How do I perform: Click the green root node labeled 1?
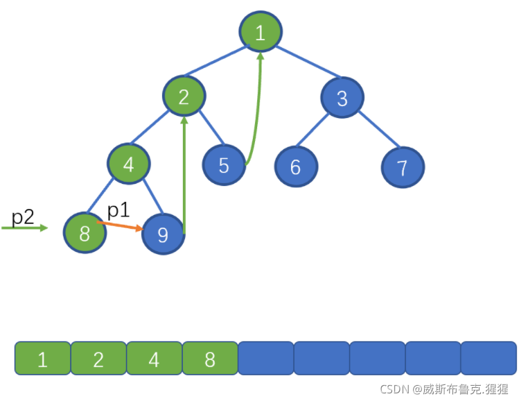(261, 32)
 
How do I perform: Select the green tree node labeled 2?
(184, 96)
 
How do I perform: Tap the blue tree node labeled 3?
(342, 97)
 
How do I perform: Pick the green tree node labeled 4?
(129, 163)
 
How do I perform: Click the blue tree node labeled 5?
(224, 164)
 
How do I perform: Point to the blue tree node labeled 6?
(296, 167)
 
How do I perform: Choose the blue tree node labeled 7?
(403, 167)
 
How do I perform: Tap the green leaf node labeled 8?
(85, 232)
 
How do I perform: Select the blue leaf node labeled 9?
(163, 234)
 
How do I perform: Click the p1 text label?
(118, 210)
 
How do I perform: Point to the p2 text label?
(23, 217)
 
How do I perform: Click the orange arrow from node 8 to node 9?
(120, 225)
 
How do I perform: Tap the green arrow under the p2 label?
(25, 228)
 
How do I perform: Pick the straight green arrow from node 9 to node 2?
(184, 176)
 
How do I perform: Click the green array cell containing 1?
(43, 358)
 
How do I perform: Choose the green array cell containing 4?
(155, 358)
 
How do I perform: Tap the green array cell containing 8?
(210, 358)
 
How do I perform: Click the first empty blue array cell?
(266, 358)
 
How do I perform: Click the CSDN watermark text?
(444, 389)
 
